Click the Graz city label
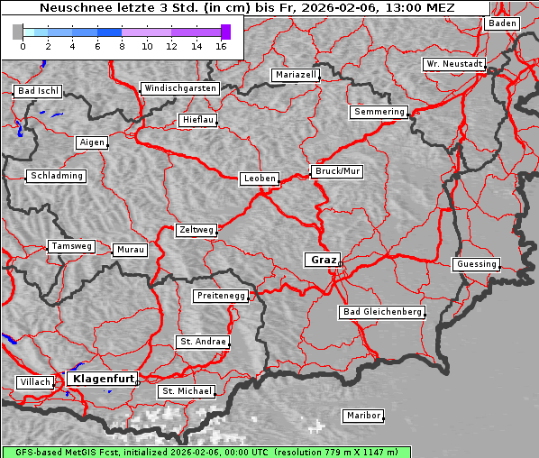click(x=323, y=260)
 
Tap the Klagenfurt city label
click(x=103, y=379)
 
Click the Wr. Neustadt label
click(x=454, y=65)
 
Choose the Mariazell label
click(x=296, y=75)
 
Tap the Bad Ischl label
click(x=38, y=91)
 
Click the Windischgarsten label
click(x=179, y=88)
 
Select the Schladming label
click(x=56, y=176)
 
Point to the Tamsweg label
click(x=70, y=246)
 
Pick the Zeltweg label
click(x=196, y=230)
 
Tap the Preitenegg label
click(x=220, y=296)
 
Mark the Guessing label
click(x=476, y=264)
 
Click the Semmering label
click(x=379, y=112)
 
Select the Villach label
click(x=34, y=382)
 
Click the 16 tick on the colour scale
click(x=221, y=46)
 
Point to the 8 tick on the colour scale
click(x=121, y=46)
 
